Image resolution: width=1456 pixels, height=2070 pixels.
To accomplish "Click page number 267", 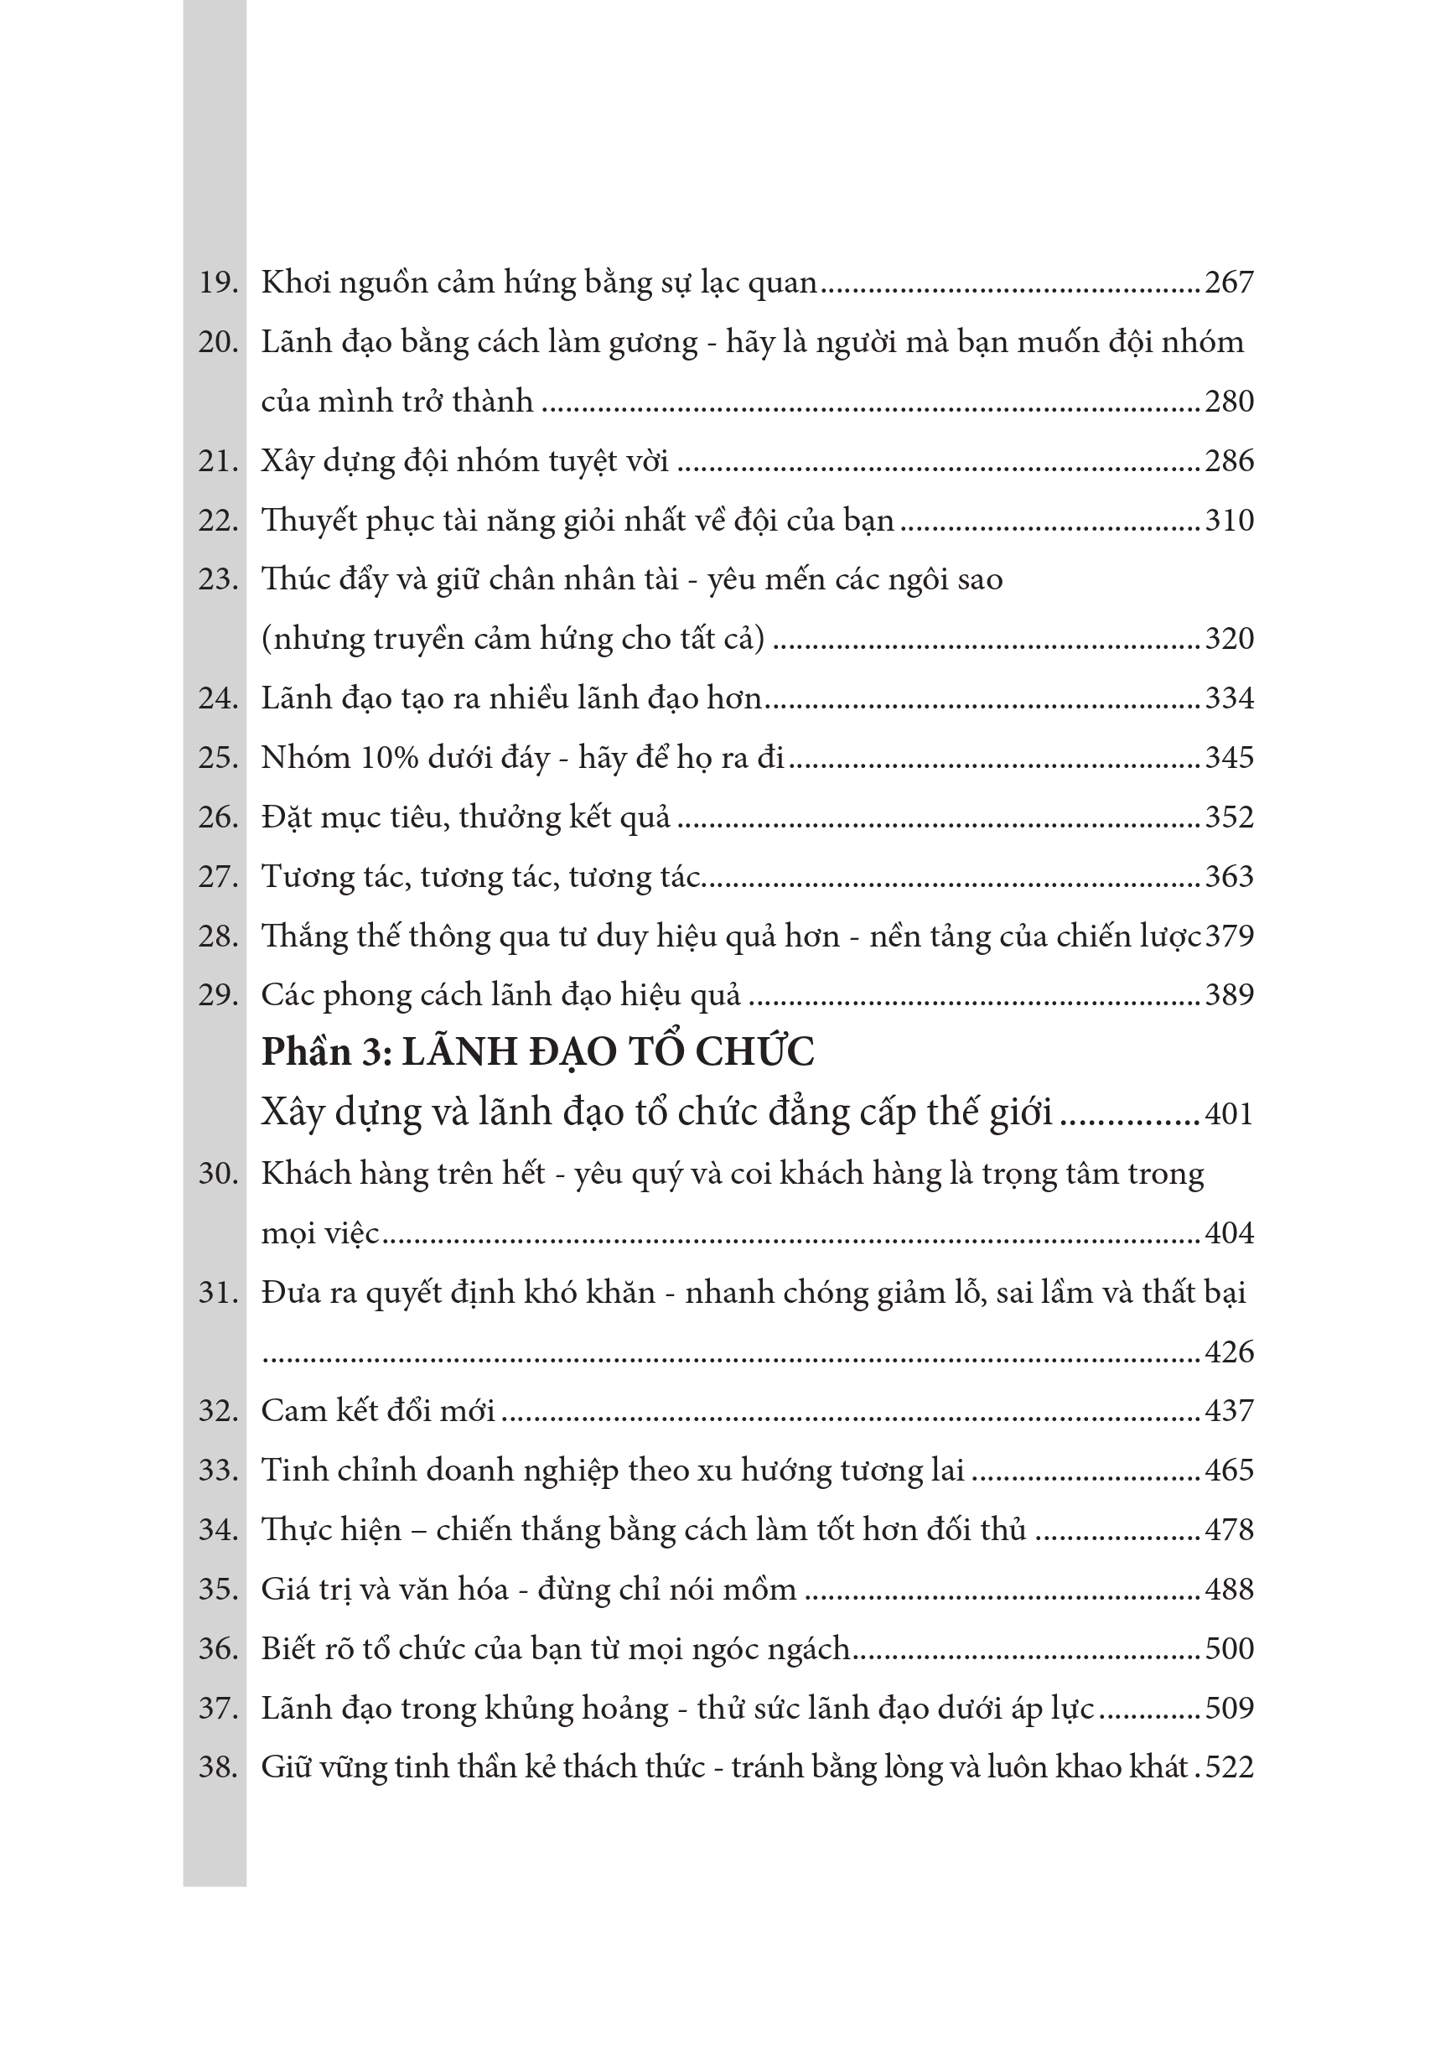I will click(1229, 283).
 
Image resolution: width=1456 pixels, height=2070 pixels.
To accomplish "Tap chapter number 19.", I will click(217, 283).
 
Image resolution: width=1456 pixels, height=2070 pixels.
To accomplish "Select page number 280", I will click(1229, 402).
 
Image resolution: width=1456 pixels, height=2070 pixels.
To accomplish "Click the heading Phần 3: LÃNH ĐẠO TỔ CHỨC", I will click(537, 1052).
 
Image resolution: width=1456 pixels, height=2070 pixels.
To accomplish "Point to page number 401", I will click(1229, 1114).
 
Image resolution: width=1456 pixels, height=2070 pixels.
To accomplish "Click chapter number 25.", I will click(217, 757).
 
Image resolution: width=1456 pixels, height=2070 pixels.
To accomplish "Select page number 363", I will click(1229, 876).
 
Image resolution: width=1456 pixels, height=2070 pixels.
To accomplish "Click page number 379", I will click(1229, 936).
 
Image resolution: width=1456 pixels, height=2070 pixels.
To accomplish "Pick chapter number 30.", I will click(217, 1174).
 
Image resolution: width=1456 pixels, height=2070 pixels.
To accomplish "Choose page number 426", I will click(1229, 1352).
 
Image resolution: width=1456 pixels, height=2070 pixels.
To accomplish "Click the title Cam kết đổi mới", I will click(378, 1411).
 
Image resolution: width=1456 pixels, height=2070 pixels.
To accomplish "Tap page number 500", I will click(1229, 1649).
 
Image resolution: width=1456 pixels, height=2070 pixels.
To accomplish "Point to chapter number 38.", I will click(217, 1767).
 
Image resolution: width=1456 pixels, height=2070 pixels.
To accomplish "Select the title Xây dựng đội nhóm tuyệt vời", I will click(464, 462).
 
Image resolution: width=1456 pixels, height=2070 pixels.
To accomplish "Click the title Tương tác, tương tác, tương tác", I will click(480, 876).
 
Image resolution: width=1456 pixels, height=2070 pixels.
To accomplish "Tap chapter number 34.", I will click(217, 1530).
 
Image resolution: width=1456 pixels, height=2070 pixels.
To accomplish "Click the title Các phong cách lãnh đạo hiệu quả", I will click(500, 995).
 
